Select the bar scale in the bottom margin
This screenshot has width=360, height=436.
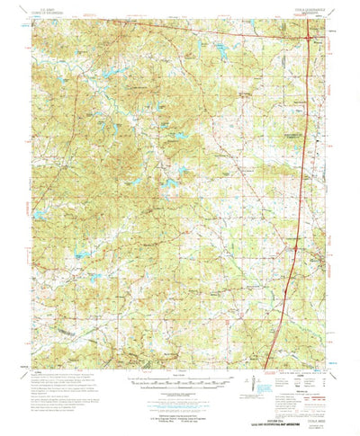180,379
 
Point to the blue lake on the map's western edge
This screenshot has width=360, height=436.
38,214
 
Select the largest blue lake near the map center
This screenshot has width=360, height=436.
167,186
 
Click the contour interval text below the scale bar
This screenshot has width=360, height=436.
180,389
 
